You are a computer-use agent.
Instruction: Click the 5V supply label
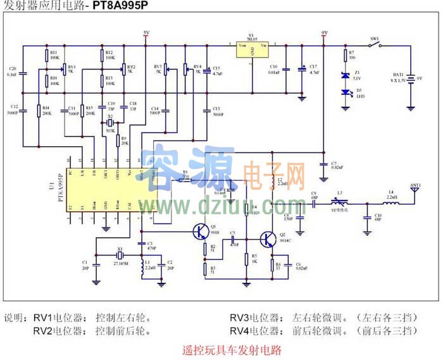146,33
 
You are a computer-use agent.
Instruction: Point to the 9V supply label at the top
324,33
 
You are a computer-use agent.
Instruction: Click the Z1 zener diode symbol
345,75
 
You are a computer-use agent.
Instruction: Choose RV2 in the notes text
45,330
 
